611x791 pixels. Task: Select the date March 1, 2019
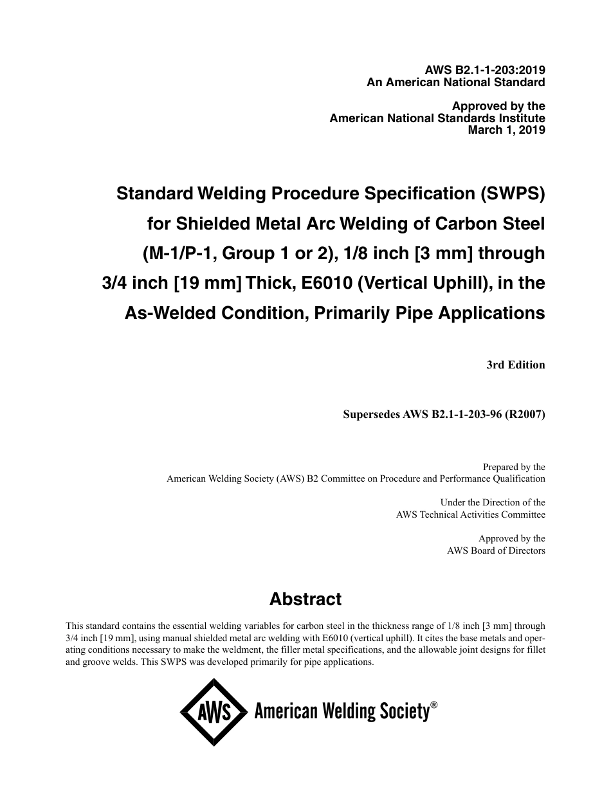click(506, 130)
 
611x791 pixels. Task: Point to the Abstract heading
click(305, 599)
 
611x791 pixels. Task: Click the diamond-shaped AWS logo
click(214, 713)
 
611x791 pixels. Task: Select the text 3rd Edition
click(516, 365)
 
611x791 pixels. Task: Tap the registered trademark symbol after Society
click(434, 705)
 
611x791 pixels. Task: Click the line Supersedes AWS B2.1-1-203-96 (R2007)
click(444, 415)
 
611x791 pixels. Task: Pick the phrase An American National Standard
click(456, 82)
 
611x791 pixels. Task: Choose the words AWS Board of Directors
click(496, 550)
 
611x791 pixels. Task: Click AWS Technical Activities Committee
click(470, 514)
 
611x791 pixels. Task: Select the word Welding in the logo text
click(344, 712)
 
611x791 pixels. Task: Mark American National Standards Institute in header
click(437, 118)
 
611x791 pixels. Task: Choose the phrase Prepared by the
click(514, 468)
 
